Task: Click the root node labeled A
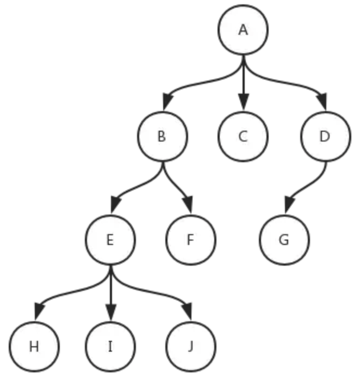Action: click(243, 30)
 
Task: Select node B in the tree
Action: click(163, 136)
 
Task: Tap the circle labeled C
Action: click(243, 136)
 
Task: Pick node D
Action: click(326, 136)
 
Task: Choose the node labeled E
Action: click(110, 240)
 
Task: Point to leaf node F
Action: click(191, 240)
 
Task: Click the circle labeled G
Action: click(284, 240)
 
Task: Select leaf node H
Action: click(34, 346)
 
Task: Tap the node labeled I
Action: click(110, 346)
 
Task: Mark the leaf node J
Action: click(191, 346)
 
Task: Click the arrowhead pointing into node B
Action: click(167, 102)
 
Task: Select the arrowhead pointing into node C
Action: click(243, 102)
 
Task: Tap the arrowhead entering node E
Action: click(116, 205)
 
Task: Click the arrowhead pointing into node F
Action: click(188, 205)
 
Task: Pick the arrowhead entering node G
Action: click(289, 205)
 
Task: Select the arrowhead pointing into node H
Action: click(40, 311)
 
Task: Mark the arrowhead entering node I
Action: click(111, 311)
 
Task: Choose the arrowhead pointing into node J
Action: click(188, 311)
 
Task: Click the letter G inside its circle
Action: click(284, 240)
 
